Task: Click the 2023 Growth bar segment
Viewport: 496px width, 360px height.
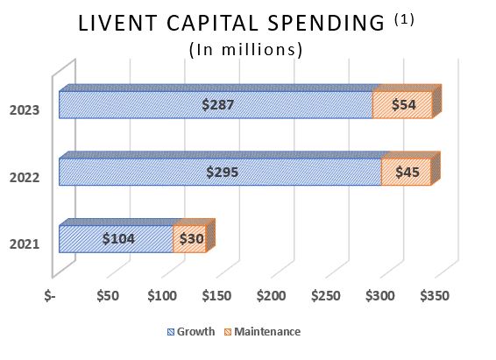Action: tap(216, 104)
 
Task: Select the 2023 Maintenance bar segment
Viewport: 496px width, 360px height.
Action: tap(402, 104)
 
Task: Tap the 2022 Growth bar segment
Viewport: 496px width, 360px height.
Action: tap(220, 172)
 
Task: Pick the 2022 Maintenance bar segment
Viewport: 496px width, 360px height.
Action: tap(407, 172)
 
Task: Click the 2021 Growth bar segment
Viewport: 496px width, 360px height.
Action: tap(116, 238)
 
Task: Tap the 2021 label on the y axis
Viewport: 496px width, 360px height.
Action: tap(24, 244)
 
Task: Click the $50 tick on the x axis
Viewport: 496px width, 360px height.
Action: tap(108, 296)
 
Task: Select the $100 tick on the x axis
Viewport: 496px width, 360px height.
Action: tap(162, 296)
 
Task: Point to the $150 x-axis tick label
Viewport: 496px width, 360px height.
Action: tap(216, 296)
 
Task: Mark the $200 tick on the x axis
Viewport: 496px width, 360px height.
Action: tap(271, 296)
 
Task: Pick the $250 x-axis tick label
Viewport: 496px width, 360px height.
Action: tap(325, 296)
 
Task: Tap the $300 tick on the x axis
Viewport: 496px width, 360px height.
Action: tap(379, 296)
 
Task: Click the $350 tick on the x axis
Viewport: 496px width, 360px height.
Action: tap(434, 296)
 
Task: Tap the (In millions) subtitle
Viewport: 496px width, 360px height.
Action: tap(246, 50)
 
